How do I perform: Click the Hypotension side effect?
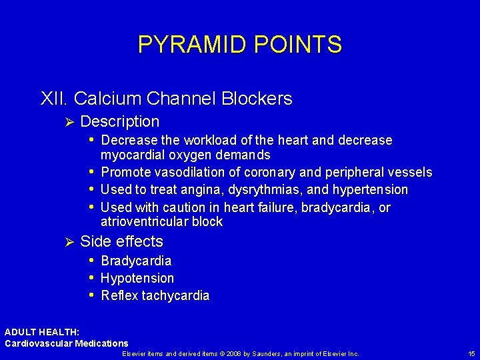click(137, 278)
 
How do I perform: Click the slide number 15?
click(471, 353)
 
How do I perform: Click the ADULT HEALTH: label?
click(42, 332)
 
